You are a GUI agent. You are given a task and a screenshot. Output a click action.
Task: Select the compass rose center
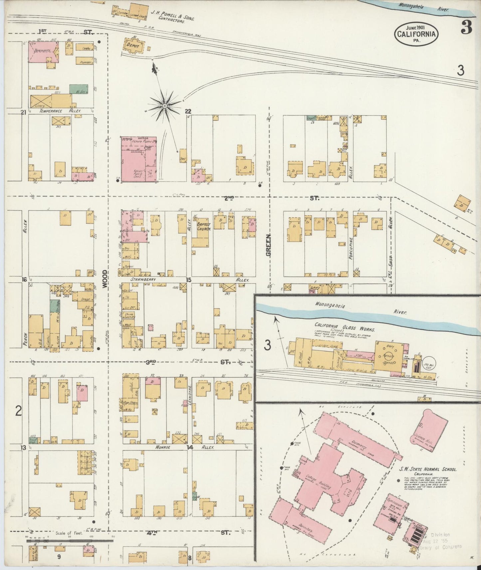164,106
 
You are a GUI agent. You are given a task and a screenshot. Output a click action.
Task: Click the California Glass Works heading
345,327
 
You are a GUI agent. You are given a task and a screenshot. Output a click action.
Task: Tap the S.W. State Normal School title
428,469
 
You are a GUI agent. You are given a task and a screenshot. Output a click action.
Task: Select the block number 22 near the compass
188,111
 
